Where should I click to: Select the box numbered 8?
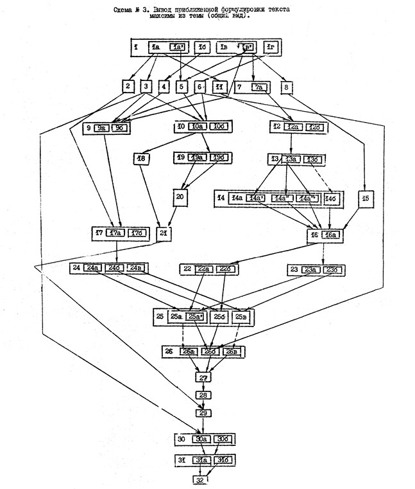pos(286,87)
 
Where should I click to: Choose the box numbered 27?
pos(203,377)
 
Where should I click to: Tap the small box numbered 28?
pos(203,395)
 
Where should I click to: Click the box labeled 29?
pos(203,413)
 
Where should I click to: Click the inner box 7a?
pos(258,87)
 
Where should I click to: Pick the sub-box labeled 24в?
pos(136,267)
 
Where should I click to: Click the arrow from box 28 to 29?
pos(203,404)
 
